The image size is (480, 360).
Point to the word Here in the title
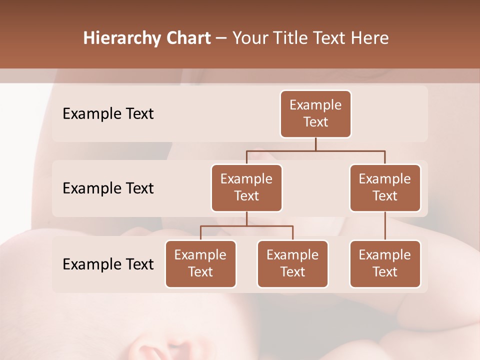[370, 38]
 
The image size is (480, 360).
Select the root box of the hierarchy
[315, 114]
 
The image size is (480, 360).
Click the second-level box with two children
[246, 188]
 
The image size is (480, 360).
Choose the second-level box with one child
[385, 188]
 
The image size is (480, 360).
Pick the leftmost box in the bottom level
[200, 264]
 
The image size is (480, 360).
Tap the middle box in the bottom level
[292, 264]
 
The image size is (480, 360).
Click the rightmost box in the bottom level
[385, 264]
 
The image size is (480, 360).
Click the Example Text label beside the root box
[108, 114]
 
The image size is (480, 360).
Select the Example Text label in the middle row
[108, 188]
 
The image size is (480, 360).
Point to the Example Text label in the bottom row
[108, 264]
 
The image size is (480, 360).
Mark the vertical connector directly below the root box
[315, 144]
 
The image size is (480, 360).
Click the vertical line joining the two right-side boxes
[385, 226]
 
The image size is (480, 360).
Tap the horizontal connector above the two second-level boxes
[315, 150]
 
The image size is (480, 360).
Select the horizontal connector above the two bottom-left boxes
[246, 226]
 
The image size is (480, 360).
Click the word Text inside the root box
[315, 122]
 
